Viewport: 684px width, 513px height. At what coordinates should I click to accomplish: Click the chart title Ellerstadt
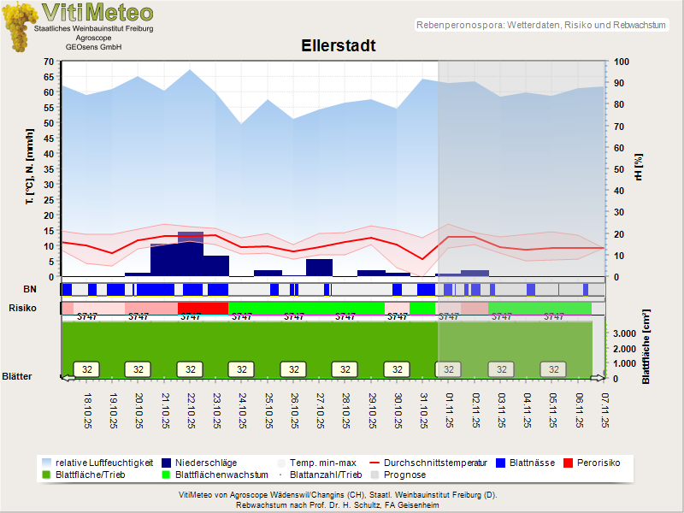(338, 45)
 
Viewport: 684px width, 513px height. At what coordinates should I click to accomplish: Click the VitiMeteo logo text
(97, 12)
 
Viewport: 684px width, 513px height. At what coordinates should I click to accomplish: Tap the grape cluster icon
(17, 26)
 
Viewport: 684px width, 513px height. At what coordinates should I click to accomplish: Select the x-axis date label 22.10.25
(191, 410)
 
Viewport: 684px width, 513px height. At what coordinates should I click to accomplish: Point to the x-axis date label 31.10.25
(422, 410)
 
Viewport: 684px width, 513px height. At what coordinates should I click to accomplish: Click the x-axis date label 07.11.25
(604, 410)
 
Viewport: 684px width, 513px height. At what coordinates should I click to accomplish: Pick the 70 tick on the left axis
(49, 62)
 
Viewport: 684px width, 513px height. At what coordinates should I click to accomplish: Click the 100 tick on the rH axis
(622, 62)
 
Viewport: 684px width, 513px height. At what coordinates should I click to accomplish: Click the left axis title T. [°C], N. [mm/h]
(29, 168)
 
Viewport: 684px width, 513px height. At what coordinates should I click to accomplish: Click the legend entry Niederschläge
(205, 463)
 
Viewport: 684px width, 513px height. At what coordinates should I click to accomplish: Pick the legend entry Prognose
(404, 475)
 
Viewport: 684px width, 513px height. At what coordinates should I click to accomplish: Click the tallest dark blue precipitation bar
(191, 253)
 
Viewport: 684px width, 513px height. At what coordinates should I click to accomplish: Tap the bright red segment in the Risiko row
(203, 307)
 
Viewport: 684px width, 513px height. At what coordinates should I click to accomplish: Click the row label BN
(30, 290)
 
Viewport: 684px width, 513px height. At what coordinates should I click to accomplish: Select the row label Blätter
(17, 376)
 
